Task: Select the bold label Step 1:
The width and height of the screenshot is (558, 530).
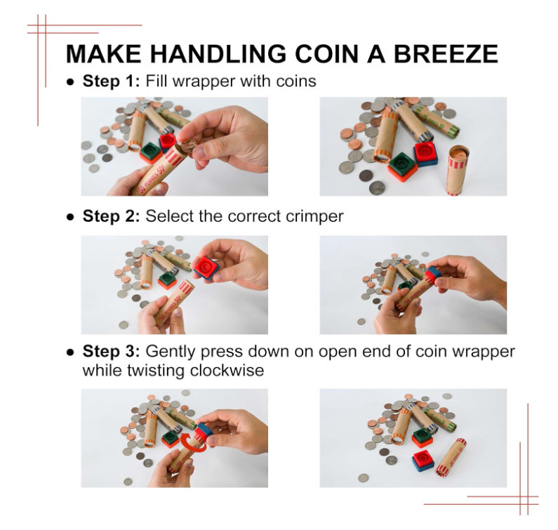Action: coord(112,81)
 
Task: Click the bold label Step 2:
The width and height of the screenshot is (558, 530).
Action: coord(112,216)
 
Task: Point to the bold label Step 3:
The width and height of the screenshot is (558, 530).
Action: coord(112,351)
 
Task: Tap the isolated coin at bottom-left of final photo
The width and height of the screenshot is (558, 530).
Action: coord(363,478)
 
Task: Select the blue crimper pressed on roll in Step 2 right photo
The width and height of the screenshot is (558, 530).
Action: coord(433,274)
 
